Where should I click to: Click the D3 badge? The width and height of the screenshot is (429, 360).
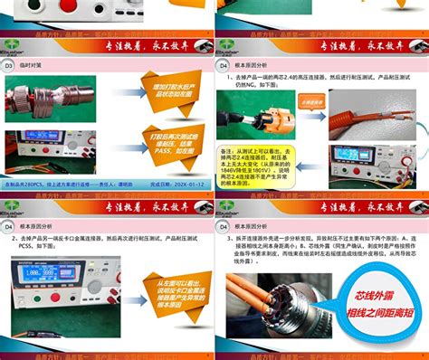pyautogui.click(x=10, y=66)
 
